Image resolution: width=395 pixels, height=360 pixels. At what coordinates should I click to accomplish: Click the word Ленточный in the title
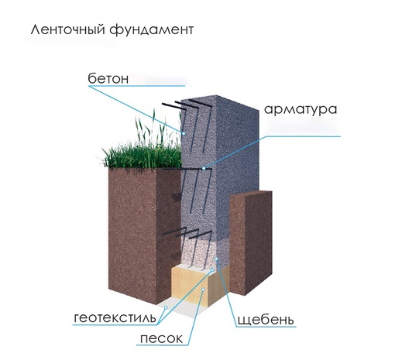[x=68, y=29]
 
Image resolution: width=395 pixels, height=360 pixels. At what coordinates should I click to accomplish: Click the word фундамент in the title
[x=151, y=30]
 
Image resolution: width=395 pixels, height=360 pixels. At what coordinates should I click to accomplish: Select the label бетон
[x=108, y=78]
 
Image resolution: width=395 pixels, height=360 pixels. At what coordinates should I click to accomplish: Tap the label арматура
[x=301, y=110]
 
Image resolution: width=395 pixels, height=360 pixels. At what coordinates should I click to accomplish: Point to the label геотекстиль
[x=115, y=317]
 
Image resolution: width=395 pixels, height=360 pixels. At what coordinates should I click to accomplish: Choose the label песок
[x=161, y=338]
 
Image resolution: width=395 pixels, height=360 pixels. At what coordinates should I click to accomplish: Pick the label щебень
[x=266, y=320]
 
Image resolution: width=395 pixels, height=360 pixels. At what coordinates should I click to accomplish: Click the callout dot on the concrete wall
[x=184, y=133]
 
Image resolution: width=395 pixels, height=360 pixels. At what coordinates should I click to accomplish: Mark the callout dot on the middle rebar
[x=204, y=168]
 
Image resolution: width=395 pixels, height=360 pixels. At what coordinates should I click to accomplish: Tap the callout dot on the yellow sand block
[x=203, y=290]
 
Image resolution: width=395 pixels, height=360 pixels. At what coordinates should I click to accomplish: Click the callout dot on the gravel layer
[x=216, y=259]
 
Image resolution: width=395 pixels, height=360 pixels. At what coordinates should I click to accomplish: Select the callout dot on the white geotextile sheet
[x=166, y=307]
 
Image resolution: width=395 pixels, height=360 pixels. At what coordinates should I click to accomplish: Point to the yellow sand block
[x=200, y=286]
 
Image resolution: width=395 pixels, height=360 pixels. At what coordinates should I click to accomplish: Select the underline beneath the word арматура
[x=304, y=136]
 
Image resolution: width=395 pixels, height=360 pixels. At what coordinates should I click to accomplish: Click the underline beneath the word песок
[x=163, y=345]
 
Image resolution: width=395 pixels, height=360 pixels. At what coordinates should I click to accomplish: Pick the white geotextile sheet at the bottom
[x=180, y=308]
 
